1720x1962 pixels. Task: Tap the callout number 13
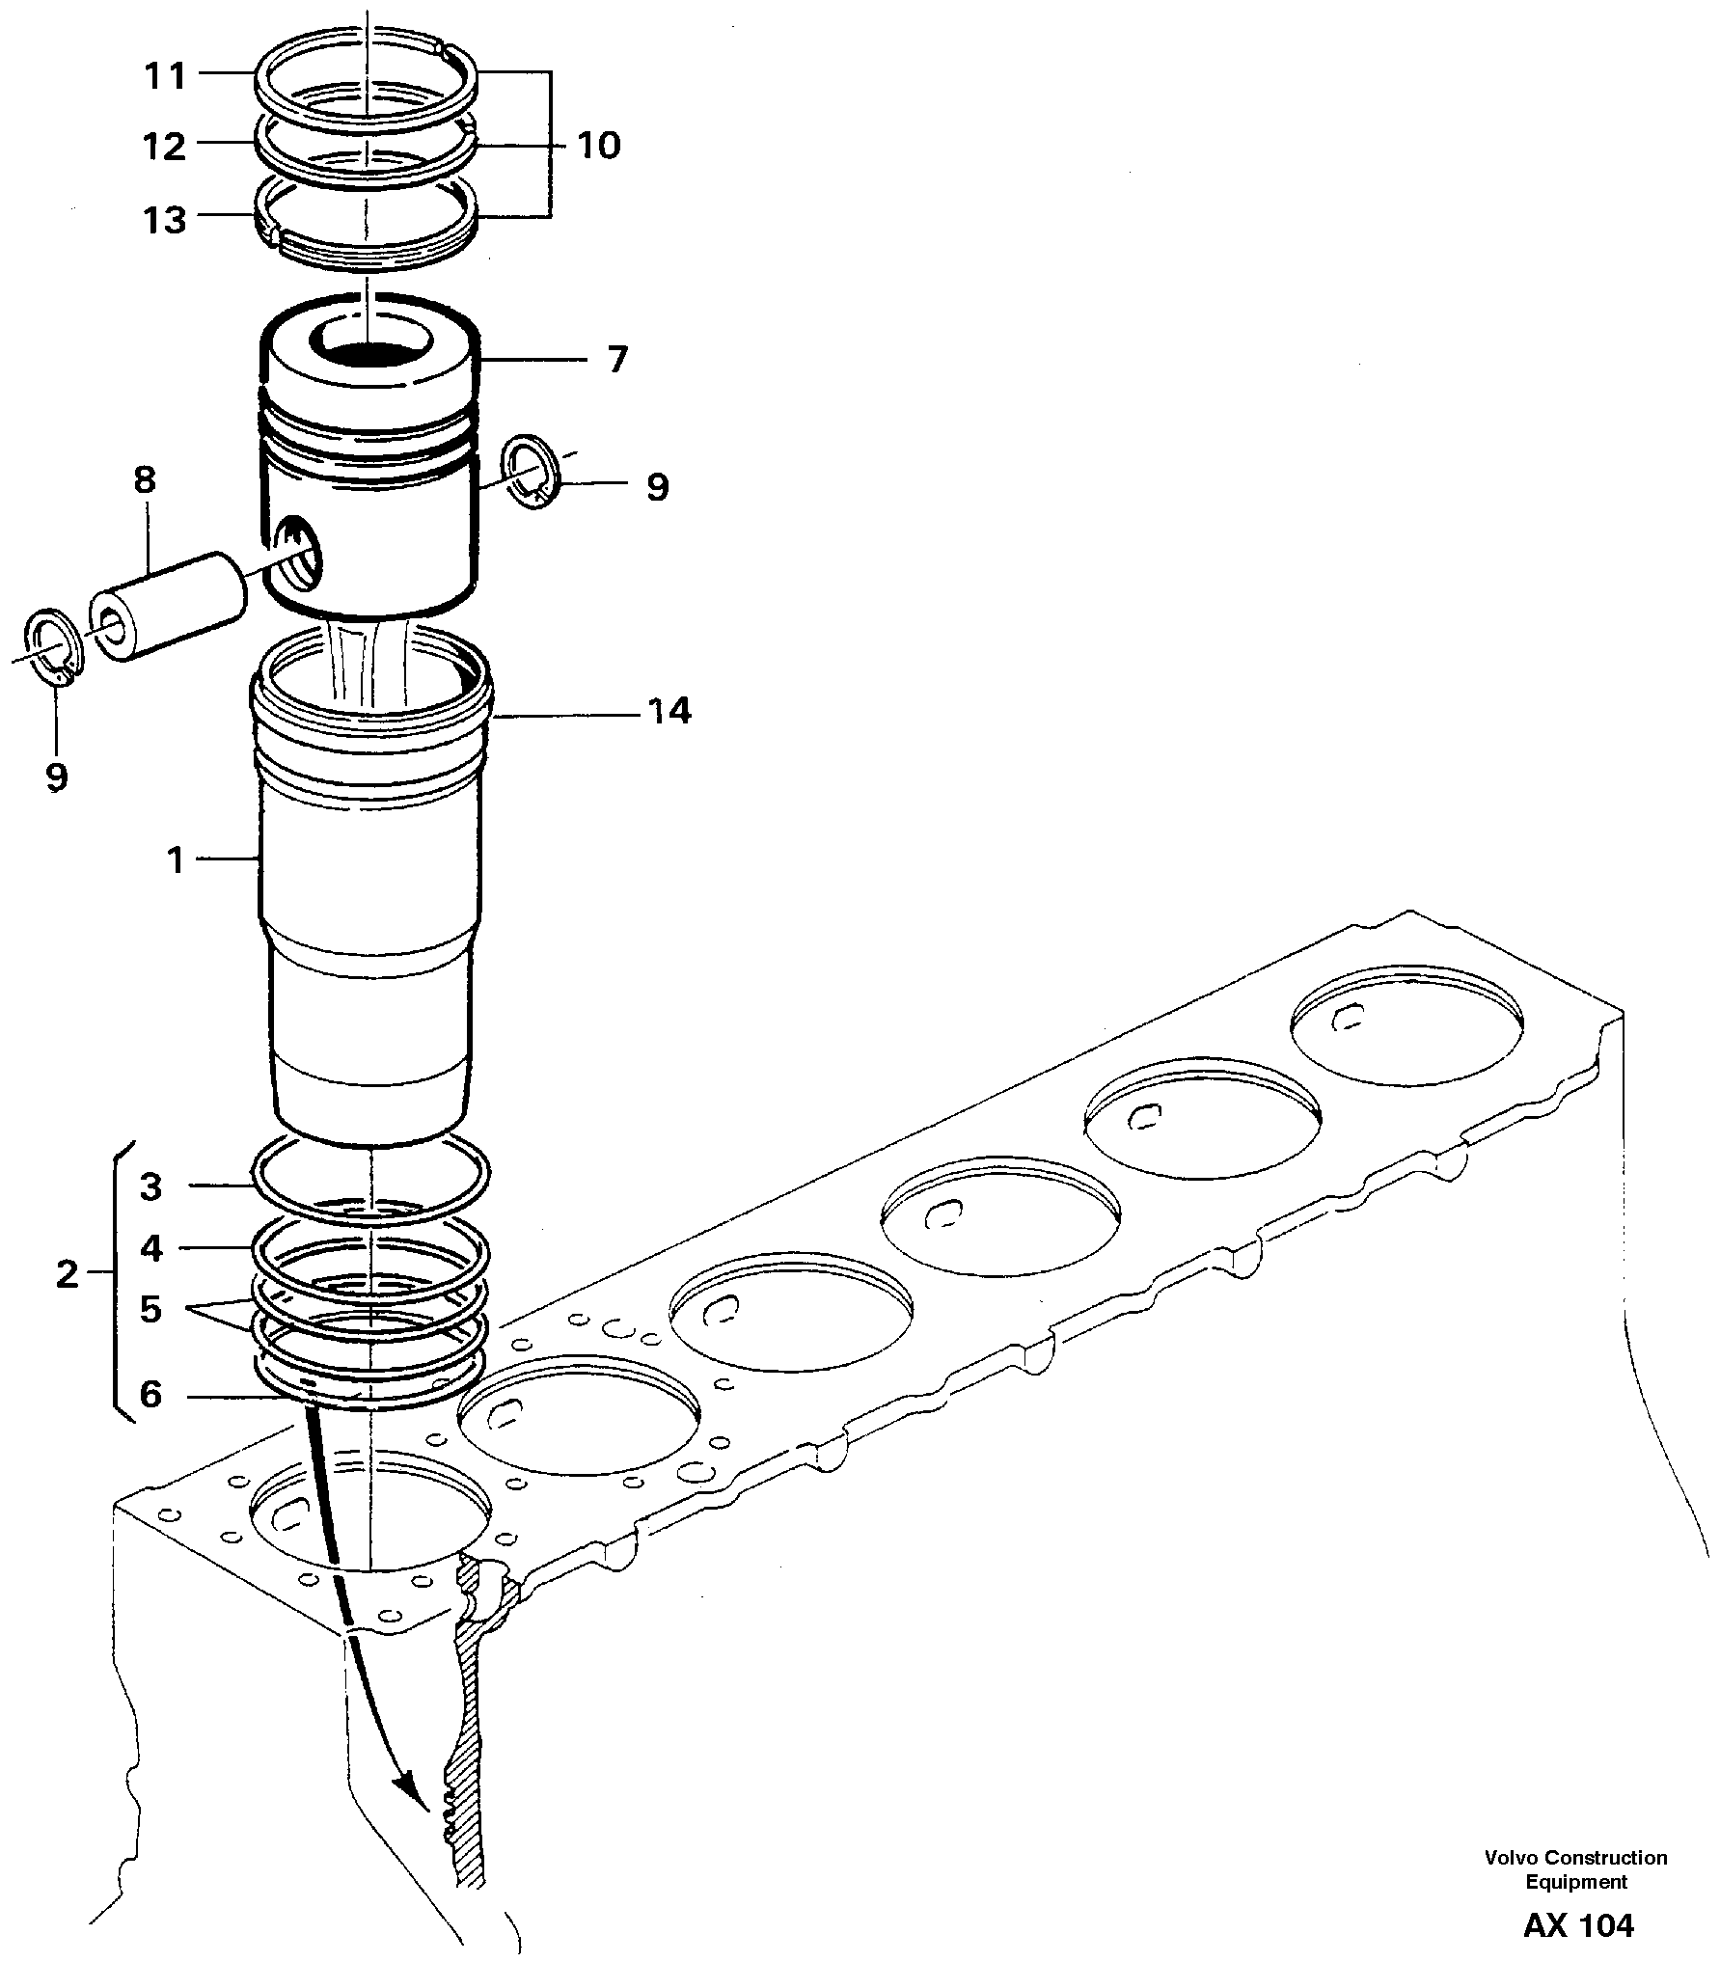point(165,220)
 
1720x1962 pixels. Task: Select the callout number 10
point(598,146)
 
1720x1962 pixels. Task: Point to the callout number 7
point(617,360)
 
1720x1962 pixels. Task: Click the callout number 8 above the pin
point(145,479)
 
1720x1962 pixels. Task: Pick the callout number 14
point(669,712)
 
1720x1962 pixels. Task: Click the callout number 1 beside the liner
point(176,858)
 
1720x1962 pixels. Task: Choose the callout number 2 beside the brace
point(67,1275)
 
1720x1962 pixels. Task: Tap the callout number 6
point(151,1395)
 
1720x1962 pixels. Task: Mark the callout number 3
point(151,1186)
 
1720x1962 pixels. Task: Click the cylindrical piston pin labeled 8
point(169,606)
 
